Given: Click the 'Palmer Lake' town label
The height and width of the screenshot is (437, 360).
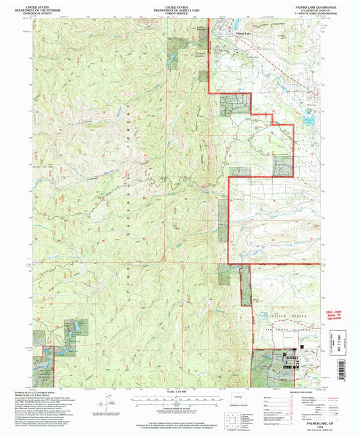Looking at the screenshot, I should [243, 33].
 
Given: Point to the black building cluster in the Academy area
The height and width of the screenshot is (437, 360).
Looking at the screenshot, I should [290, 355].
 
